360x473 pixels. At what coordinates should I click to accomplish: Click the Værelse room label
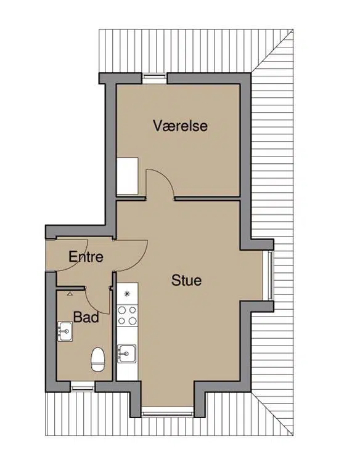(x=180, y=126)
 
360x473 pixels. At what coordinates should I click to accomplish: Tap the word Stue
(x=186, y=280)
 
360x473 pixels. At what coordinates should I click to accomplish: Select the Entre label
(x=86, y=257)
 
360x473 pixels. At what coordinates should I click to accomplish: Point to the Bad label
(x=86, y=317)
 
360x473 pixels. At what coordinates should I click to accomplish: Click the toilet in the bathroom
(x=98, y=359)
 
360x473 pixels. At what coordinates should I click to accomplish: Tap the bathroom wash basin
(x=65, y=331)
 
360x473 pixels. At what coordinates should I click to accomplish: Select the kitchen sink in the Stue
(x=127, y=354)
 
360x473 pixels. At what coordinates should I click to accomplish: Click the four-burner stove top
(x=127, y=315)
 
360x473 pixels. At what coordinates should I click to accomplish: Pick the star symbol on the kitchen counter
(x=127, y=293)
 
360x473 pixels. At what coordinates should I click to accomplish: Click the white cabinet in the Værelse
(x=128, y=176)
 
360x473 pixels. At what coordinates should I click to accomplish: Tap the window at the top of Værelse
(x=154, y=78)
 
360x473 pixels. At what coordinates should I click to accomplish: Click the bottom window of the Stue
(x=167, y=411)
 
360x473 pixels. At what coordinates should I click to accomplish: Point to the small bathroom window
(x=83, y=386)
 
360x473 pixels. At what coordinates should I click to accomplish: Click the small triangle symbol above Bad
(x=70, y=293)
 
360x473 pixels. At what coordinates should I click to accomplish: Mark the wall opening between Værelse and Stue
(x=160, y=199)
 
